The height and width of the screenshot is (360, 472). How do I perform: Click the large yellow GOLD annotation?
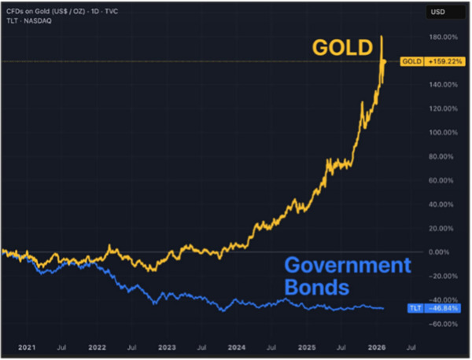coord(341,48)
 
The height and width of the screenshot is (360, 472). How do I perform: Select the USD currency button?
coord(437,13)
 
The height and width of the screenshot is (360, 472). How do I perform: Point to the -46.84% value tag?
coord(443,308)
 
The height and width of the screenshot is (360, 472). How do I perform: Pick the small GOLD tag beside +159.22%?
coord(412,61)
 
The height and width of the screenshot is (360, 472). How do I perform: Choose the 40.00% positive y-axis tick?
coord(441,204)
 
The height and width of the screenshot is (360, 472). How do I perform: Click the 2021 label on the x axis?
coord(27,346)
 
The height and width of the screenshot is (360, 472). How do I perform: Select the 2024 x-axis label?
coord(235,346)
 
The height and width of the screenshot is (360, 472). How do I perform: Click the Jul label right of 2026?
coord(410,346)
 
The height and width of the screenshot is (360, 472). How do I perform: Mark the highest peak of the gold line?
coord(382,35)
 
